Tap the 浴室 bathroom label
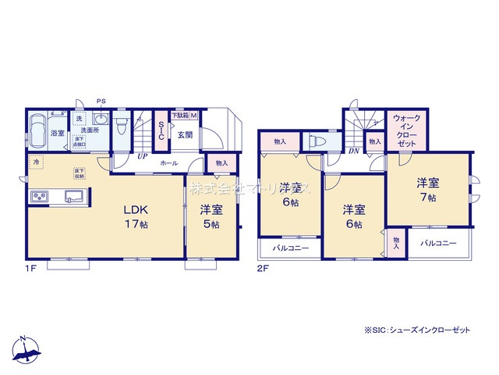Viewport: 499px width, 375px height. (x=58, y=134)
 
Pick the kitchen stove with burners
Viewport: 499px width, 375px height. (x=40, y=196)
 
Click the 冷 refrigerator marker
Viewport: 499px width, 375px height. (x=36, y=162)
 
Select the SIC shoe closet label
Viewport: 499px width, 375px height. (x=161, y=130)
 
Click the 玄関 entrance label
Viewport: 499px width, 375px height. (x=185, y=134)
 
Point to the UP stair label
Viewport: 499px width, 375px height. (x=142, y=155)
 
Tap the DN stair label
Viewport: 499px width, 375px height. (x=353, y=151)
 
